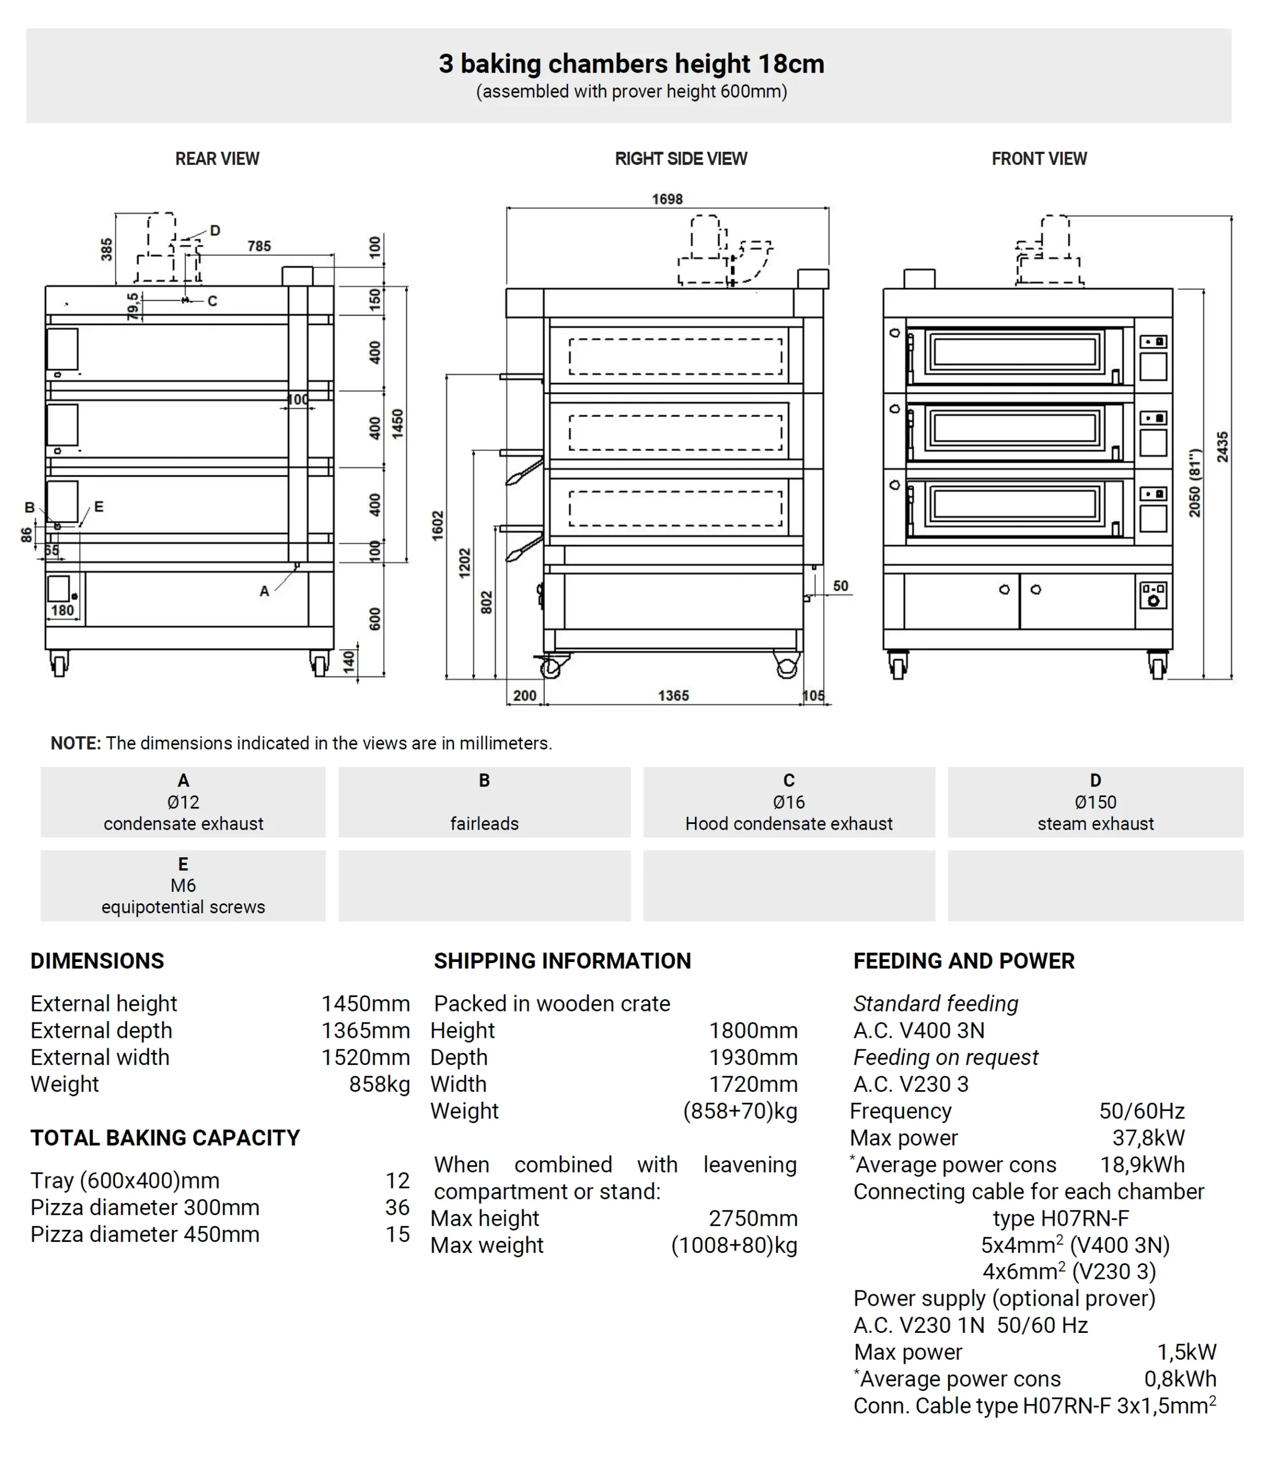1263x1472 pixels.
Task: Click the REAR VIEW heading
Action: tap(217, 159)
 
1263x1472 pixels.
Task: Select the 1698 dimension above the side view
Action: tap(667, 199)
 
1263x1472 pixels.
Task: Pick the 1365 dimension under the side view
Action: tap(673, 696)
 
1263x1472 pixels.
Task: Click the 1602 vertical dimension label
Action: tap(437, 526)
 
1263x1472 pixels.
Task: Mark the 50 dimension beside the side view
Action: tap(840, 586)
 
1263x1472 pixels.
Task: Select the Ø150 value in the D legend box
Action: tap(1095, 802)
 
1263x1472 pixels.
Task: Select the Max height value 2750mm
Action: tap(753, 1218)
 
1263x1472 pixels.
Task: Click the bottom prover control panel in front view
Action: tap(1152, 595)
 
